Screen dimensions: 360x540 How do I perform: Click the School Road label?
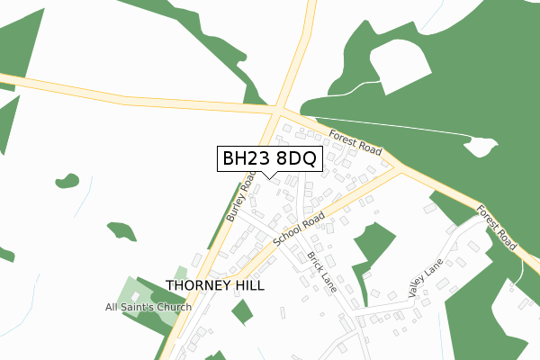tap(299, 230)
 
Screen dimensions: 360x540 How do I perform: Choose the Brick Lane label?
tap(320, 267)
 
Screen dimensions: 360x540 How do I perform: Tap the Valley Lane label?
tap(426, 279)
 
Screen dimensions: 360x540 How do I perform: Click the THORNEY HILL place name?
tap(217, 286)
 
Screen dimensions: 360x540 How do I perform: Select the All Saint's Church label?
tap(148, 308)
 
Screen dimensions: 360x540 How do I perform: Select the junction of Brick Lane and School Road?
tap(293, 232)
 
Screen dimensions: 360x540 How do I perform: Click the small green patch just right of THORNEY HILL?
tap(242, 312)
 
